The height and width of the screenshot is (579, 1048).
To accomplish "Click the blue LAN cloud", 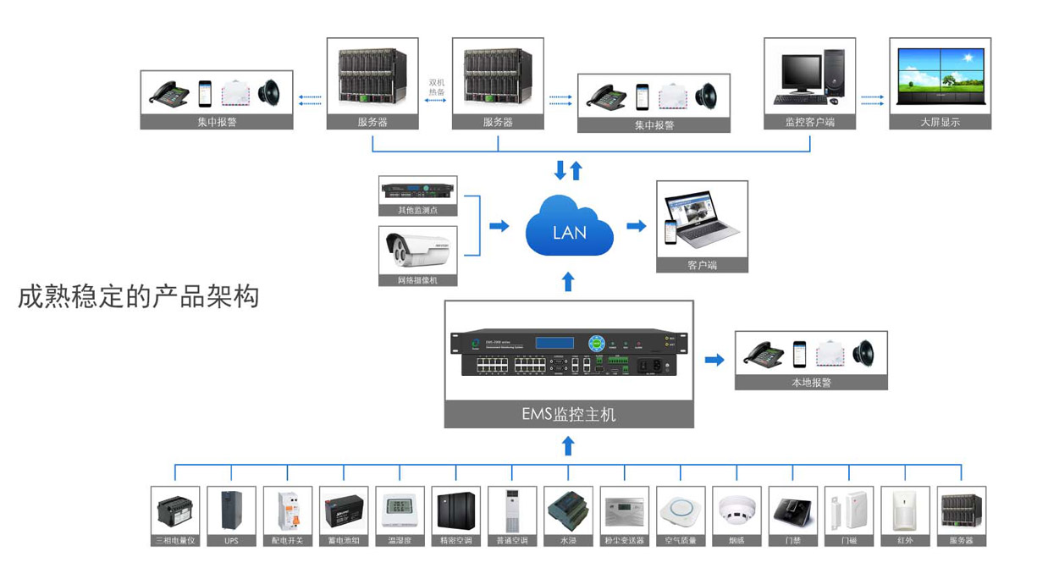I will click(x=569, y=227).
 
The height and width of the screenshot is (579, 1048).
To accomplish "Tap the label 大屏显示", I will click(x=940, y=122).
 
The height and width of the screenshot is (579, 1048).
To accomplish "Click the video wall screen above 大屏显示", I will click(x=940, y=74).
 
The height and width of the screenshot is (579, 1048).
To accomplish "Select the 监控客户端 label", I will click(x=810, y=122).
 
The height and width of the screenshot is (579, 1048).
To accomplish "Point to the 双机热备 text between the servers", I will click(x=437, y=87).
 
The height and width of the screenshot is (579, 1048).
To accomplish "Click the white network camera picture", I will click(x=417, y=248).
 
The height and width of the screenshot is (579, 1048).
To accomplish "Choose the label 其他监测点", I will click(x=417, y=210).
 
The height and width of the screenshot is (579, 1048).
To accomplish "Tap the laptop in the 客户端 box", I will click(x=702, y=218).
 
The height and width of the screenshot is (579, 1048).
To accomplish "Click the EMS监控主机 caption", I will click(x=569, y=415).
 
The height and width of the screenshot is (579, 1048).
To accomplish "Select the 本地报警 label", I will click(x=811, y=383).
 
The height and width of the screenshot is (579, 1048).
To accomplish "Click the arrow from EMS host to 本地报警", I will click(x=714, y=360).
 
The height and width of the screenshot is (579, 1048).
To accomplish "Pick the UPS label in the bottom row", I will click(x=231, y=540).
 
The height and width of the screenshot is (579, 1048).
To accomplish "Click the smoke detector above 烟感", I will click(x=736, y=510).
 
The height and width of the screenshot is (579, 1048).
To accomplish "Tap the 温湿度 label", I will click(x=400, y=540).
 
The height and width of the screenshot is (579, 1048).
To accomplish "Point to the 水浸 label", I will click(x=568, y=540).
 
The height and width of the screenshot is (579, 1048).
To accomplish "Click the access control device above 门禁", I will click(x=792, y=510).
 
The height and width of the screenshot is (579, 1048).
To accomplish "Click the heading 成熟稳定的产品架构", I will click(x=138, y=297).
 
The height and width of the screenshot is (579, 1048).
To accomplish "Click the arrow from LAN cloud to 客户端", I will click(x=636, y=226).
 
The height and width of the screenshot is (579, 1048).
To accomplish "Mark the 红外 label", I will click(x=905, y=540).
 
